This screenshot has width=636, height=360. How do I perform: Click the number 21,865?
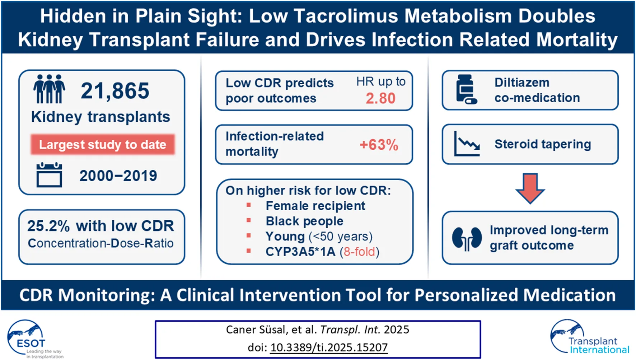pyautogui.click(x=115, y=90)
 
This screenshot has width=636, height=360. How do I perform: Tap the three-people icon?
pyautogui.click(x=49, y=89)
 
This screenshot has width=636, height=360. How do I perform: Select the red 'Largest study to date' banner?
pyautogui.click(x=103, y=145)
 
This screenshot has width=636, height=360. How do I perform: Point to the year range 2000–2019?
pyautogui.click(x=118, y=176)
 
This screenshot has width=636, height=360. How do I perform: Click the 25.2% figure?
pyautogui.click(x=48, y=226)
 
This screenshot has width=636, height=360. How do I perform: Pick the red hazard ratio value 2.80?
pyautogui.click(x=380, y=98)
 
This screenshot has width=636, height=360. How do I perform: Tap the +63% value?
pyautogui.click(x=379, y=145)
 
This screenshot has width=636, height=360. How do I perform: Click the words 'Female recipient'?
pyautogui.click(x=315, y=206)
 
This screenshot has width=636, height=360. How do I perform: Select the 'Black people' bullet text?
pyautogui.click(x=304, y=221)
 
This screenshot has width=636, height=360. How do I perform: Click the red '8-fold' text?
pyautogui.click(x=359, y=252)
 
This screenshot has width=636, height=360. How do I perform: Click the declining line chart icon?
pyautogui.click(x=467, y=144)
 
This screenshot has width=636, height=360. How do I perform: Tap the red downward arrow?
pyautogui.click(x=530, y=188)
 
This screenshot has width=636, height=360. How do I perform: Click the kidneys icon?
pyautogui.click(x=467, y=238)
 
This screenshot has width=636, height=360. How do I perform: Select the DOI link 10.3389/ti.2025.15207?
pyautogui.click(x=329, y=347)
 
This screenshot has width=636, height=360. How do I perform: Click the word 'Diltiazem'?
pyautogui.click(x=522, y=83)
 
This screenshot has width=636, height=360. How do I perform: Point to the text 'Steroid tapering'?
pyautogui.click(x=543, y=144)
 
